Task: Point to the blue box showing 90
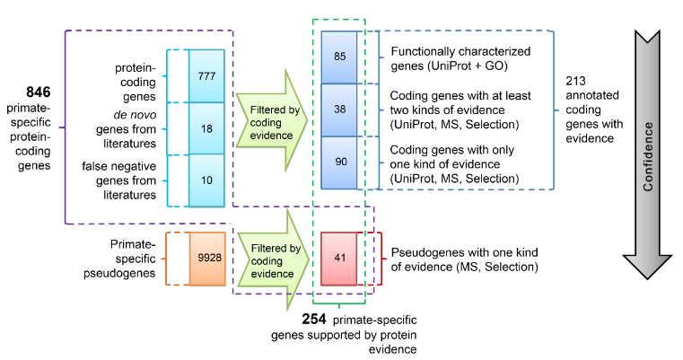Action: click(339, 162)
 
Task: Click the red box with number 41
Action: click(339, 258)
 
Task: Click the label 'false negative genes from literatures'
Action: click(130, 180)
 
